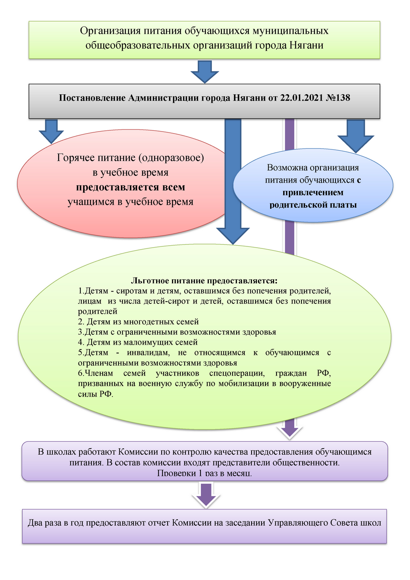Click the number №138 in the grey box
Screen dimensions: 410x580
[338, 97]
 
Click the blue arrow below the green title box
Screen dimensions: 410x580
[205, 72]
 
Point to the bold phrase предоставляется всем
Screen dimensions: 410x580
[130, 187]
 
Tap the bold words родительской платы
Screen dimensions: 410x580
[313, 205]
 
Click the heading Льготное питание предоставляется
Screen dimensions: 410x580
[204, 280]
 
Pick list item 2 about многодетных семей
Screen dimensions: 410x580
[138, 322]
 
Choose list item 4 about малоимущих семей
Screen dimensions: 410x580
[138, 342]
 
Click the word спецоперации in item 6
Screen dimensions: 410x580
[237, 373]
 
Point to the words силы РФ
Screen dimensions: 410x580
[95, 394]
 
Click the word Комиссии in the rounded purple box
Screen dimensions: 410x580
[138, 452]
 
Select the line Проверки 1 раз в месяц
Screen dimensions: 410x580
[204, 473]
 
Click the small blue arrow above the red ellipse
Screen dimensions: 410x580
[51, 131]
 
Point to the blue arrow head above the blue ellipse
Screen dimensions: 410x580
[356, 144]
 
